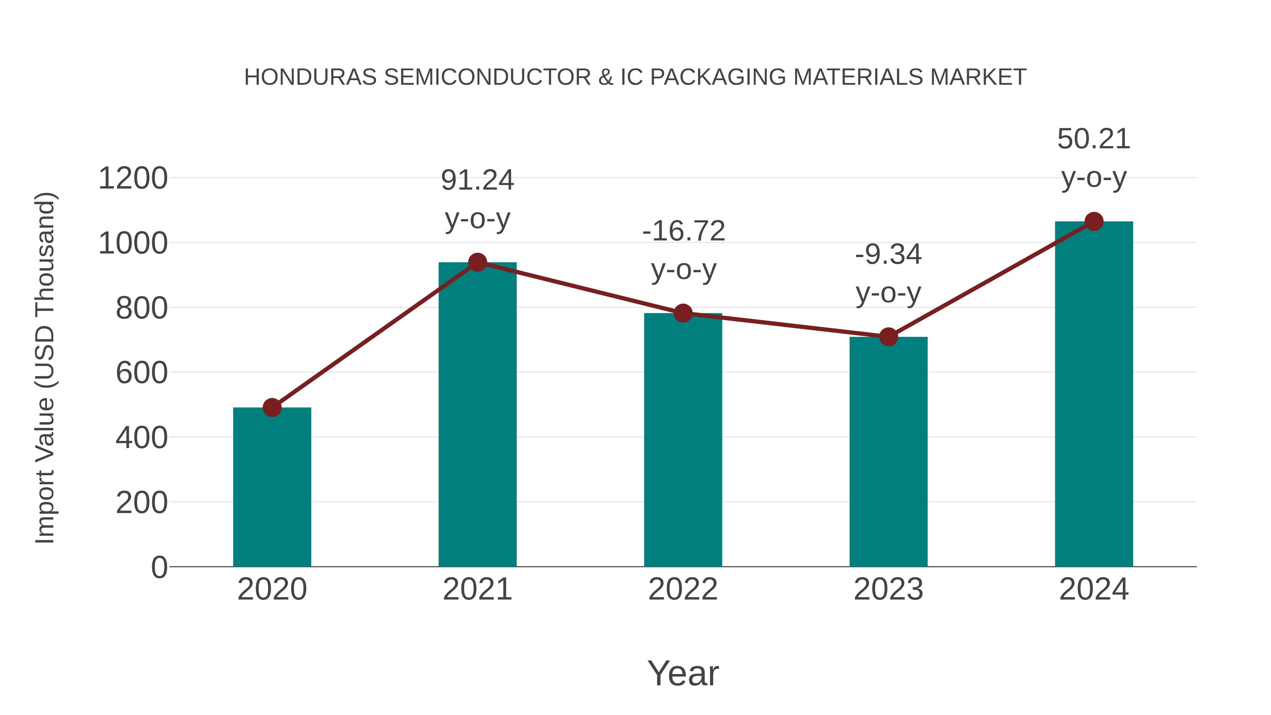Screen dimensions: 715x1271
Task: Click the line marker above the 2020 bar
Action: coord(272,407)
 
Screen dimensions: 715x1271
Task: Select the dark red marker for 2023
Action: coord(888,337)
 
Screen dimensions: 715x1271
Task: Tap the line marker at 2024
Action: coord(1094,221)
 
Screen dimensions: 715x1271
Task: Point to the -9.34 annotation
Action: coord(888,255)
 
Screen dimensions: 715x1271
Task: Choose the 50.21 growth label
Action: coord(1094,139)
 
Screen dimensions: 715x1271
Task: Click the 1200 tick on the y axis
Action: coord(133,178)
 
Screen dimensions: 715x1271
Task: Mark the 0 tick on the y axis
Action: coord(159,567)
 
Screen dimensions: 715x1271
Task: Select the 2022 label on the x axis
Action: coord(683,589)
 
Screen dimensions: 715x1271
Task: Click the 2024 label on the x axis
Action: coord(1094,589)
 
